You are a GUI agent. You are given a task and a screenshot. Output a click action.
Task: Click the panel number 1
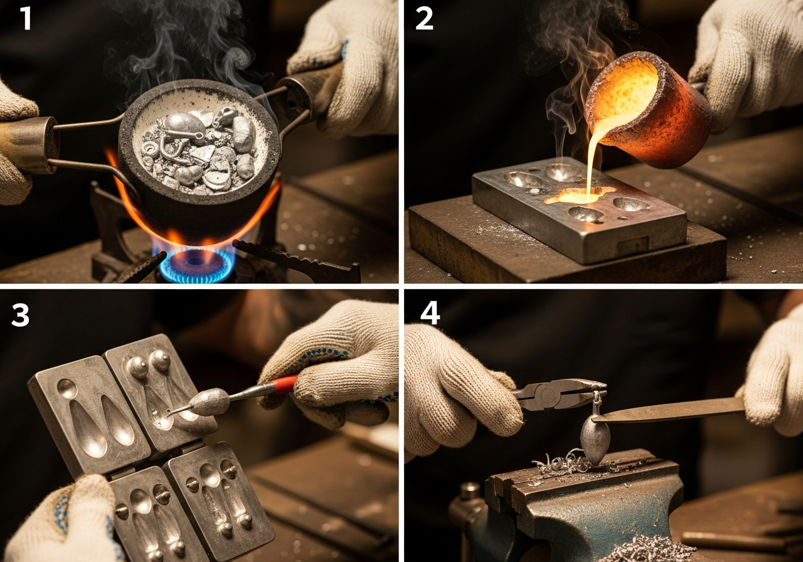26,18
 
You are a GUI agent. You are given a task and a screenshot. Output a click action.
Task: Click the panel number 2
425,19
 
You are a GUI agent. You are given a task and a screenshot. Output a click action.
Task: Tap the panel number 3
20,315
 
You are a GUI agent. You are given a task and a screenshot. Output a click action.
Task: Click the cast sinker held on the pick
208,402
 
